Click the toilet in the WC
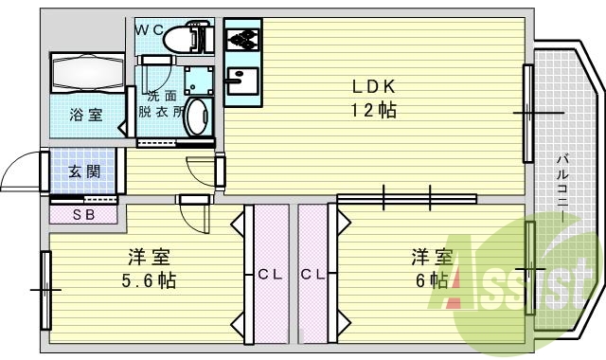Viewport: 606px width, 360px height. click(x=181, y=39)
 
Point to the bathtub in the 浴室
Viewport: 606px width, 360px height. click(x=87, y=73)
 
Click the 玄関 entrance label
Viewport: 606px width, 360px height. click(x=83, y=171)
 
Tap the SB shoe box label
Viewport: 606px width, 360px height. click(x=84, y=215)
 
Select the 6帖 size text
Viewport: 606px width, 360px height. click(x=432, y=280)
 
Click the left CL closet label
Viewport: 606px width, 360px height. click(x=270, y=275)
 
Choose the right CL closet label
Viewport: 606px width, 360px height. click(x=313, y=275)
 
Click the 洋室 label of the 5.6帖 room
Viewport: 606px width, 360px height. click(x=150, y=257)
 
